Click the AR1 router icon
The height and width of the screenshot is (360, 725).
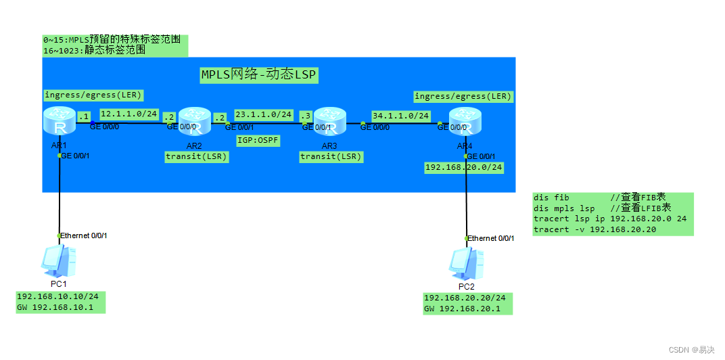coord(59,121)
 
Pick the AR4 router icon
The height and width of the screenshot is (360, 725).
coord(465,122)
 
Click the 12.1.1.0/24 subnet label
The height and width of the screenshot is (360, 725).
coord(128,114)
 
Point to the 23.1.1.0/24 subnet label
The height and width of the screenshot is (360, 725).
coord(264,114)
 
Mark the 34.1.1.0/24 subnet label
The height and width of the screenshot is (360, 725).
coord(400,116)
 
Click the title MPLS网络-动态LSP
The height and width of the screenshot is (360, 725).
coord(258,74)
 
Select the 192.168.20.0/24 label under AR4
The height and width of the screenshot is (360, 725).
coord(463,167)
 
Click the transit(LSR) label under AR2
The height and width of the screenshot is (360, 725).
coord(197,156)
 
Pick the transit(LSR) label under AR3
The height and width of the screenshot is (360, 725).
coord(331,156)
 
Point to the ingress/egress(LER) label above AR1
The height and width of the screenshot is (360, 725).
coord(93,94)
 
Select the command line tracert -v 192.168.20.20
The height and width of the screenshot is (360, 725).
coord(595,229)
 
